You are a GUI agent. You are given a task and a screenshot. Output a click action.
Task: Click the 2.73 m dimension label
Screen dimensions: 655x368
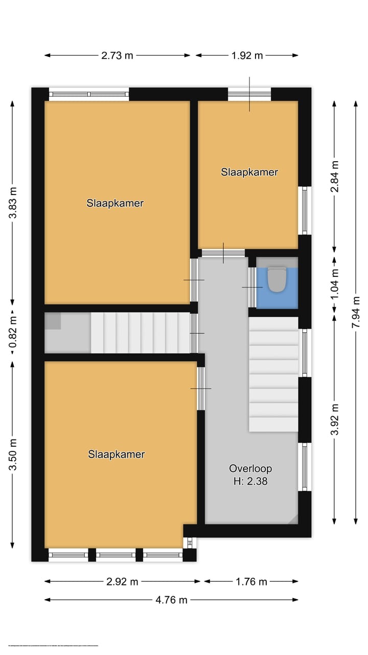coord(117,56)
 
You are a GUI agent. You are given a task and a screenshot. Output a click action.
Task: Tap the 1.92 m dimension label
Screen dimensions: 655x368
coord(247,56)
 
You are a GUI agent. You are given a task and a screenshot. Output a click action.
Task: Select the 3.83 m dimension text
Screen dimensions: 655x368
coord(13,203)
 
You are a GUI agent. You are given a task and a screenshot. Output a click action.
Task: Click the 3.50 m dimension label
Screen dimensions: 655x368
coord(13,454)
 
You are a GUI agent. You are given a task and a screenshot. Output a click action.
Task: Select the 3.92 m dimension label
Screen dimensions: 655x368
coord(335,420)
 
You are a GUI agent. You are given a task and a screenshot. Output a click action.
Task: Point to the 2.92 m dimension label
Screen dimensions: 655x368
coord(122,582)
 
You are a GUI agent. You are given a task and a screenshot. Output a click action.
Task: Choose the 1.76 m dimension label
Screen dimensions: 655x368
coord(251,582)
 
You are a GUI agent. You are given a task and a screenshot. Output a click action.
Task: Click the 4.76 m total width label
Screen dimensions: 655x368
coord(171,600)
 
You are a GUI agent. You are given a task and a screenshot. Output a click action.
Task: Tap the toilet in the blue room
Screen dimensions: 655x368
coord(277,279)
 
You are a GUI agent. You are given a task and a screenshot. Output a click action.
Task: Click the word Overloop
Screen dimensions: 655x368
coord(250,468)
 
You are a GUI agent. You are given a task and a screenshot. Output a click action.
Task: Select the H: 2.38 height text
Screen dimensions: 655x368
coord(250,481)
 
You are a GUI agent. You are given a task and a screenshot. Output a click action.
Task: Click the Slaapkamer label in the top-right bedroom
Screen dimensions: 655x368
coord(249,172)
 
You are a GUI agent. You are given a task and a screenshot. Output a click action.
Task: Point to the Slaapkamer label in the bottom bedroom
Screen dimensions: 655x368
coord(117,454)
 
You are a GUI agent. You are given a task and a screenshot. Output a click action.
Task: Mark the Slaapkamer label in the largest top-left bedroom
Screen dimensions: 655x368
coord(115,203)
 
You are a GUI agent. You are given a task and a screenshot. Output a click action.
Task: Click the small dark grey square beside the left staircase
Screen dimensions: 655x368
coord(53,321)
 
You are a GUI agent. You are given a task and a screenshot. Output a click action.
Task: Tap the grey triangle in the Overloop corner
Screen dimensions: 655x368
coord(292,519)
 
